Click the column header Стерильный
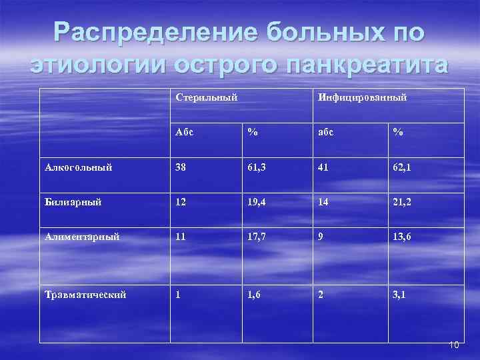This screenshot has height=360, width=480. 206,98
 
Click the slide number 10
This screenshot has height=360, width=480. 454,345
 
